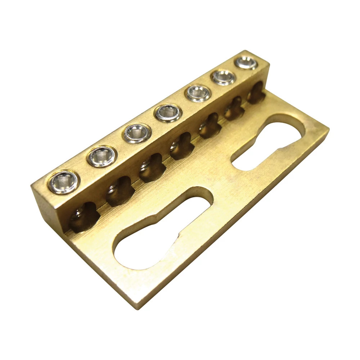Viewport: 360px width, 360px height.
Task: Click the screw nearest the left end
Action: (63, 182)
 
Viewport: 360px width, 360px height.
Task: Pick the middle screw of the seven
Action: (168, 113)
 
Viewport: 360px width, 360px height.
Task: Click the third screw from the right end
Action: (198, 93)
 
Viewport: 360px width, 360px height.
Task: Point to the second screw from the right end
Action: (223, 77)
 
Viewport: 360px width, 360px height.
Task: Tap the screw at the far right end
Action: (247, 63)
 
